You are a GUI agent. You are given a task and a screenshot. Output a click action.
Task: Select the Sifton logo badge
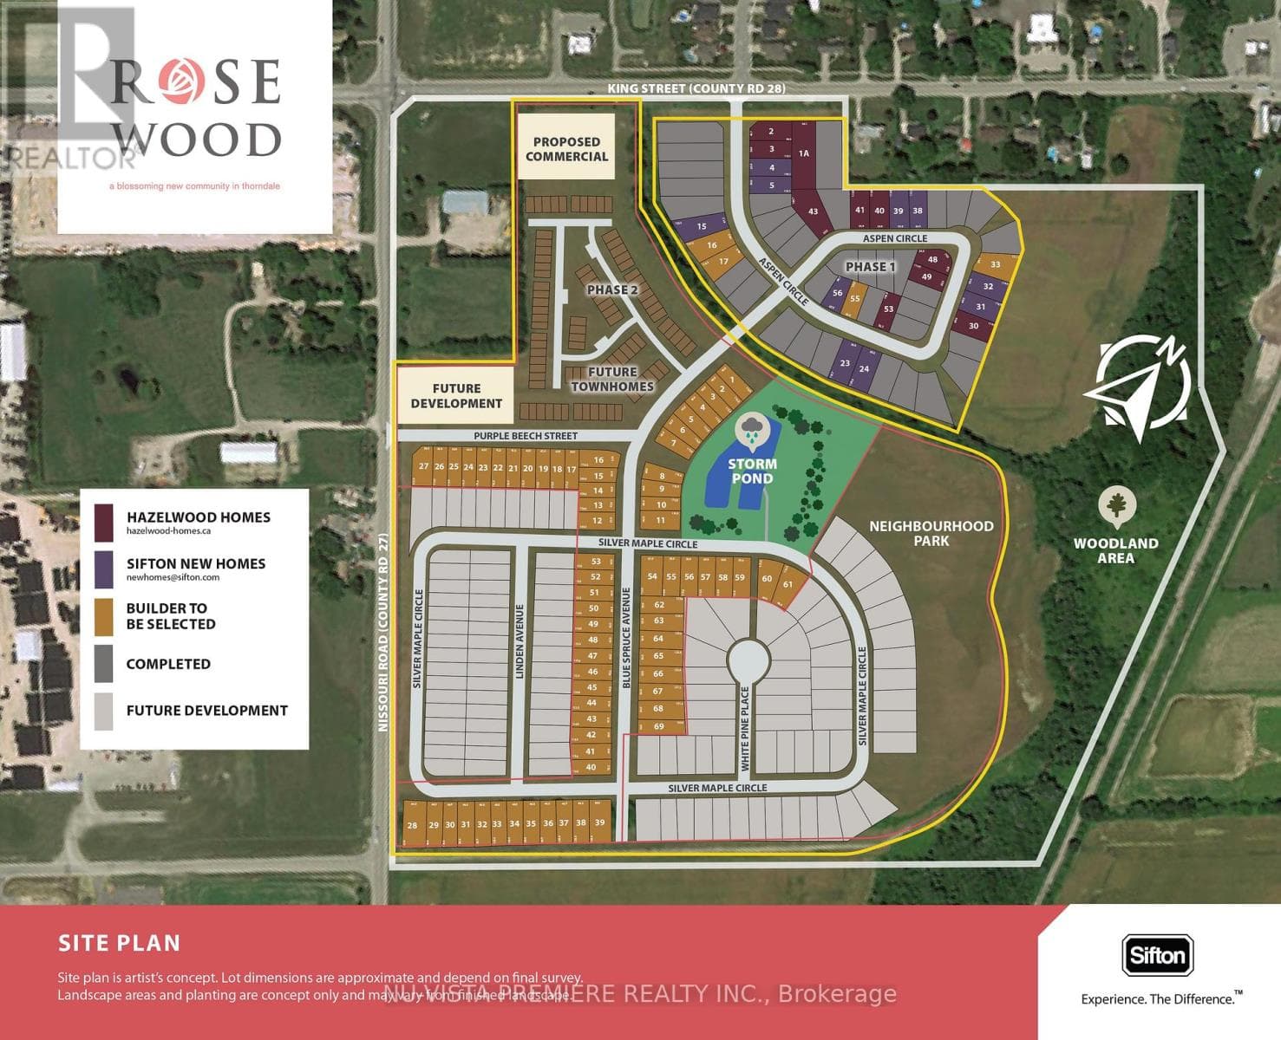1157,956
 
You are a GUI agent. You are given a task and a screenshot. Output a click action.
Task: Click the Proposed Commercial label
566,149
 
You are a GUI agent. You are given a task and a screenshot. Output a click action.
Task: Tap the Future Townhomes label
611,379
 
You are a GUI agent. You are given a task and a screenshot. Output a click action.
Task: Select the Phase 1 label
870,266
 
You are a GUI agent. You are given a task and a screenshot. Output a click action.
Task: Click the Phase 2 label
612,289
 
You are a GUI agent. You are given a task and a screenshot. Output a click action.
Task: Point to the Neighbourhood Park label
931,533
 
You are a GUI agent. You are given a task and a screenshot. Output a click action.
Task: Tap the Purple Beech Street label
526,436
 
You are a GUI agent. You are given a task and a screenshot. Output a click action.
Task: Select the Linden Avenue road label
520,647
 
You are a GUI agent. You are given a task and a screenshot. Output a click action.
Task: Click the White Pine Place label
745,728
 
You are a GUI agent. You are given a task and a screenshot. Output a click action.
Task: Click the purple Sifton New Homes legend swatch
104,569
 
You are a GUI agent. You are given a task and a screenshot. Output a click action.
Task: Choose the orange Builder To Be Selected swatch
104,616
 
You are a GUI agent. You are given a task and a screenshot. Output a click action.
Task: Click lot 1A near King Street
803,153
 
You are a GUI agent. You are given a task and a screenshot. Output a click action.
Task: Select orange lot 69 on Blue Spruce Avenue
659,726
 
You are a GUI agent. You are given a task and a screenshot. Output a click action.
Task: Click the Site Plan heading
120,943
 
